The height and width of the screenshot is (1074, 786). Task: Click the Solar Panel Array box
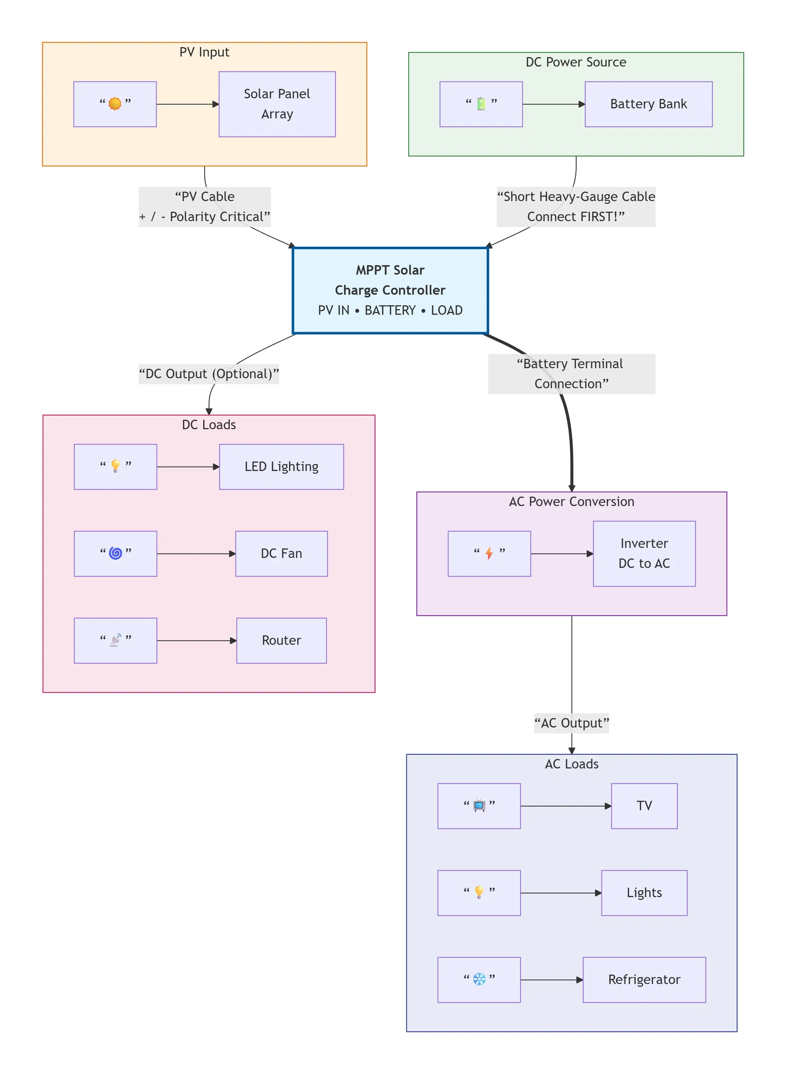277,104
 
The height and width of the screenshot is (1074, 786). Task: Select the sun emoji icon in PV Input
115,104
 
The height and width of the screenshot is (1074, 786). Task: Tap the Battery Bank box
648,104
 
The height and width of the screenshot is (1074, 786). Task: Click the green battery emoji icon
481,104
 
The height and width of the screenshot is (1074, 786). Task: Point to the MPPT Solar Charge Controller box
390,290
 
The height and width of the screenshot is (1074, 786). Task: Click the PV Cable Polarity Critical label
205,207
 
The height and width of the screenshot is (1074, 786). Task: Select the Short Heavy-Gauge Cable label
576,207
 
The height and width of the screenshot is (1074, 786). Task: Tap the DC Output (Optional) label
208,374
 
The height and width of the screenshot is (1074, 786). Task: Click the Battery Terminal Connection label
571,374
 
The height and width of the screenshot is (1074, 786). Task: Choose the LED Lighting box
281,466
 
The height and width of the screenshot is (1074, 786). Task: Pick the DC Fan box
281,554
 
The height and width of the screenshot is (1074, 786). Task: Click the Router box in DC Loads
281,640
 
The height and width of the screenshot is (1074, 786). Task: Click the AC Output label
571,723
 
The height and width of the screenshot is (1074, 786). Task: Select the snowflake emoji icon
479,979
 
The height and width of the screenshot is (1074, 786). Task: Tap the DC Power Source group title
576,62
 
